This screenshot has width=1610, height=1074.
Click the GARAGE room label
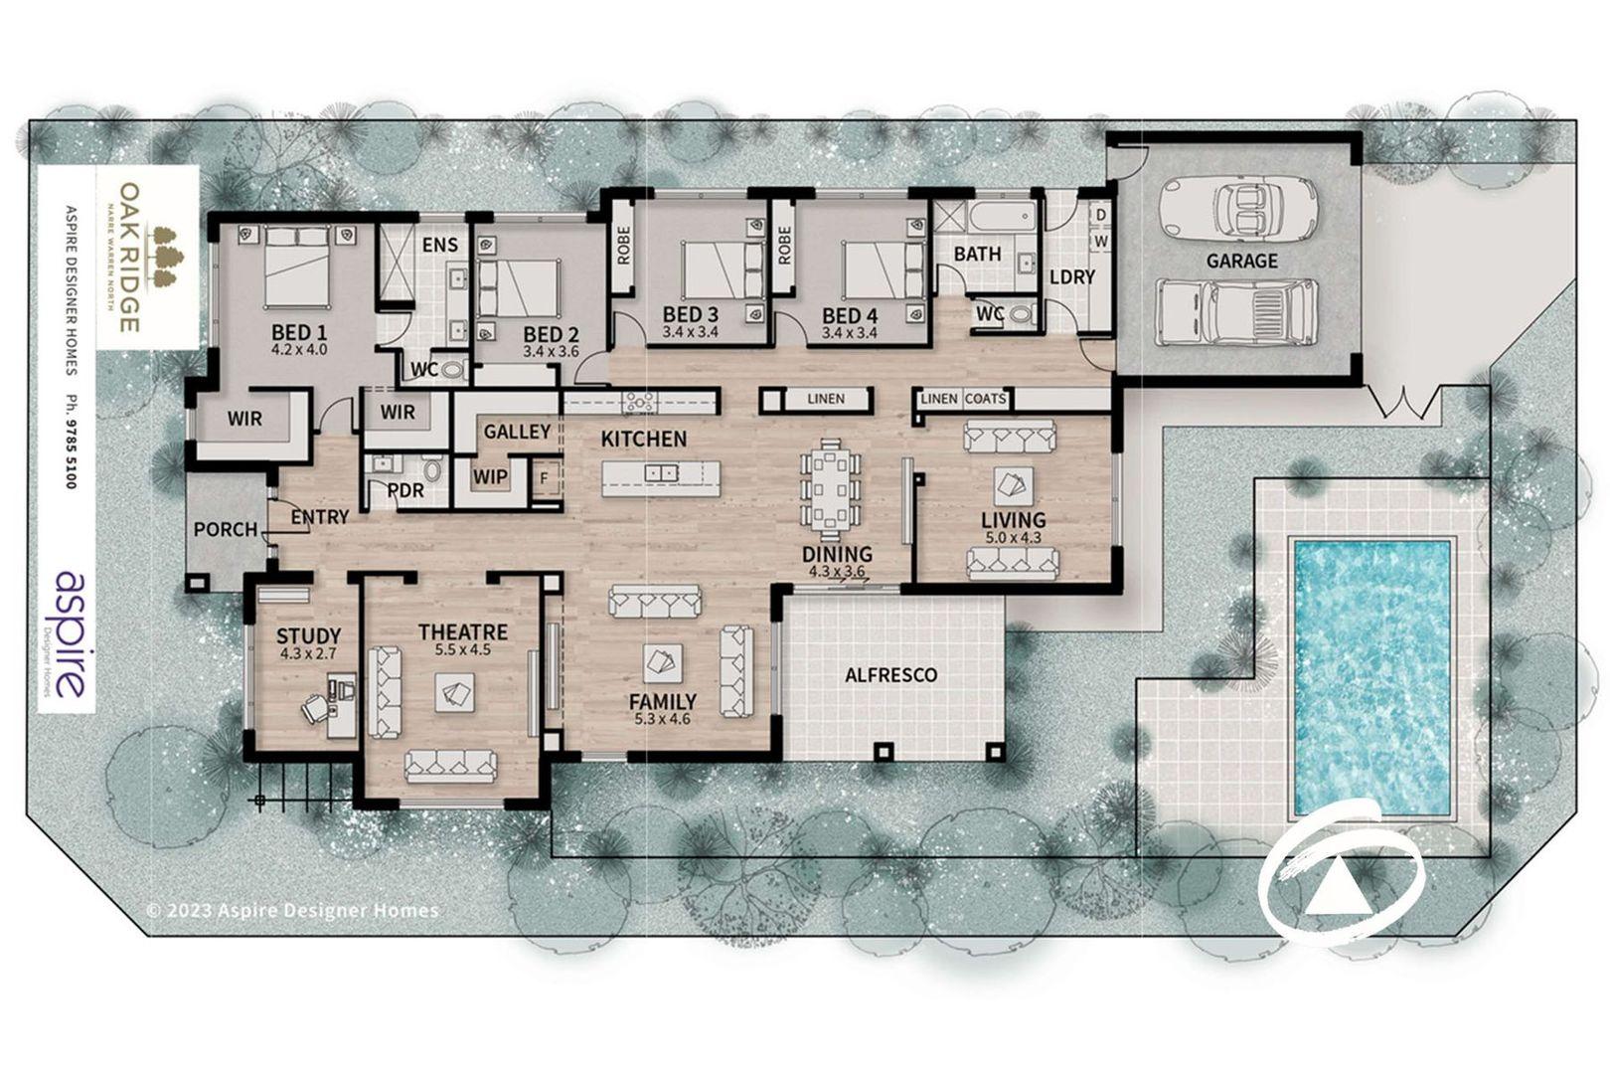[x=1242, y=261]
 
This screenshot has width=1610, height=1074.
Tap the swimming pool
[x=1371, y=677]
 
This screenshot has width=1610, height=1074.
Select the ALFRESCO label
[x=891, y=675]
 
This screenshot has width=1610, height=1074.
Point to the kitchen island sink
[x=661, y=472]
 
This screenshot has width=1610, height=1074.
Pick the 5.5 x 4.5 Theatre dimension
[x=463, y=649]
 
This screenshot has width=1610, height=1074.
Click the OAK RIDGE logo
[x=147, y=257]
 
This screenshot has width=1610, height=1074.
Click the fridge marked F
[x=544, y=477]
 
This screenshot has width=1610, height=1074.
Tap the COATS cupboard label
[x=985, y=399]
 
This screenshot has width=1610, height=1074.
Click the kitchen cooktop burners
[x=640, y=402]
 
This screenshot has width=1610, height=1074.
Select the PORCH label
[x=226, y=529]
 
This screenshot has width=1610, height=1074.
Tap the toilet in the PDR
[x=432, y=468]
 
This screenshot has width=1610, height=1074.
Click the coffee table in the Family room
[x=662, y=662]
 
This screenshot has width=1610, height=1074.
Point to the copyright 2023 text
[x=292, y=911]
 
